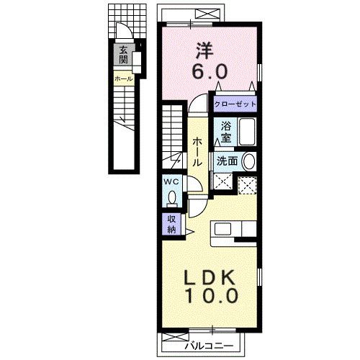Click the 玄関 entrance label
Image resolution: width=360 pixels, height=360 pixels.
123,55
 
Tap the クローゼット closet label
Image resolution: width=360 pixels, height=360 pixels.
235,104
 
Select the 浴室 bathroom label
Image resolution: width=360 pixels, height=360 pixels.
226,132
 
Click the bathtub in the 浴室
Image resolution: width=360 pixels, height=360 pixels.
247,132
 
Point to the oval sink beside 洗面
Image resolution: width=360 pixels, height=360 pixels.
249,161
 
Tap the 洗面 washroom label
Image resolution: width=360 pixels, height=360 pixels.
227,161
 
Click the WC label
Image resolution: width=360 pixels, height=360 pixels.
171,181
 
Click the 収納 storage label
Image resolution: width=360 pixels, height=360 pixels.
171,224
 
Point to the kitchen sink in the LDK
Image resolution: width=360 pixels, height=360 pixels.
222,229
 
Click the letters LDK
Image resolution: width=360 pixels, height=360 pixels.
210,278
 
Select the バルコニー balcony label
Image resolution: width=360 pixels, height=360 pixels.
209,346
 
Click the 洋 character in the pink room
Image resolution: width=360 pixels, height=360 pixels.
204,50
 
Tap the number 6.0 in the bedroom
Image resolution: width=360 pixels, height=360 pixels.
210,71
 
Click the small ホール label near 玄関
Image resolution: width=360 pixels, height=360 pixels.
123,78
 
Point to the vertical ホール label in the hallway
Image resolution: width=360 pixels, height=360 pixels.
197,152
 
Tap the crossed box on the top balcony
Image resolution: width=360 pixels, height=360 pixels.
207,13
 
